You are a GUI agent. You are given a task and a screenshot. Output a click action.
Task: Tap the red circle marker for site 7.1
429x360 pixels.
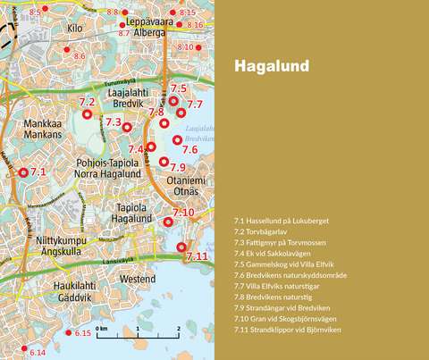23,172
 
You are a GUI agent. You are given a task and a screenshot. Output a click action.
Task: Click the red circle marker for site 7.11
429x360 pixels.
181,247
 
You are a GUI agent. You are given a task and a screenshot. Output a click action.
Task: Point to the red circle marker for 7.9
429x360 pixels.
164,162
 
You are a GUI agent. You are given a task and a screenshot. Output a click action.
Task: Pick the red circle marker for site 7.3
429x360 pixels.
127,127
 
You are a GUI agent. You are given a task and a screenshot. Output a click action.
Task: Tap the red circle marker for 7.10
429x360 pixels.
168,222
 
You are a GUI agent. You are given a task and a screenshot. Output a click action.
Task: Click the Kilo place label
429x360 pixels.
75,29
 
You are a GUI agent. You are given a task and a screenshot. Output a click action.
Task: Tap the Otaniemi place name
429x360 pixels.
186,180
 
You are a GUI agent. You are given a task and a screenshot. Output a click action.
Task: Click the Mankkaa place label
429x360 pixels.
42,123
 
